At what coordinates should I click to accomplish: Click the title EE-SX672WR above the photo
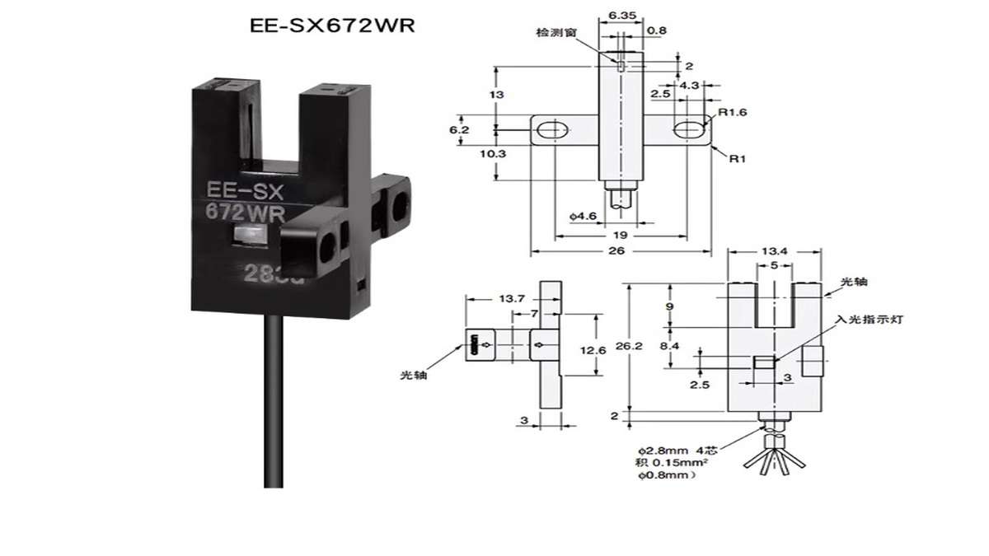[332, 26]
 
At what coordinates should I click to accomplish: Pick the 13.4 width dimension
[774, 250]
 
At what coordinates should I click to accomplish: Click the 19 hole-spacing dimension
[620, 236]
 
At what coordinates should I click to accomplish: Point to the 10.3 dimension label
[484, 154]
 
